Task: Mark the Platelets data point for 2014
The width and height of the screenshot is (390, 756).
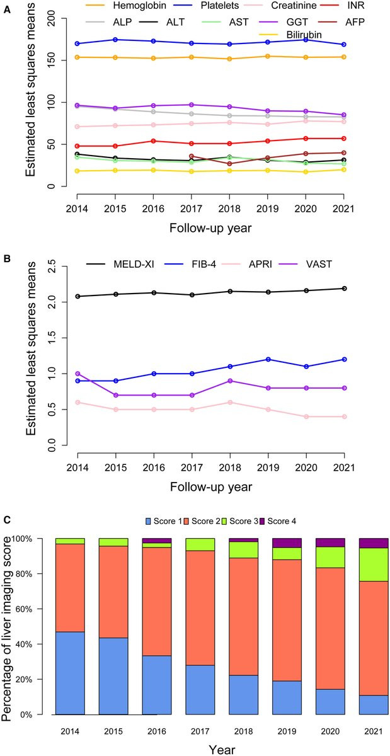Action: (77, 43)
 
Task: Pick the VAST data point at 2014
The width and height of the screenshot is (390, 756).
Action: (77, 374)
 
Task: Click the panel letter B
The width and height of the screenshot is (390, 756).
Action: (6, 240)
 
